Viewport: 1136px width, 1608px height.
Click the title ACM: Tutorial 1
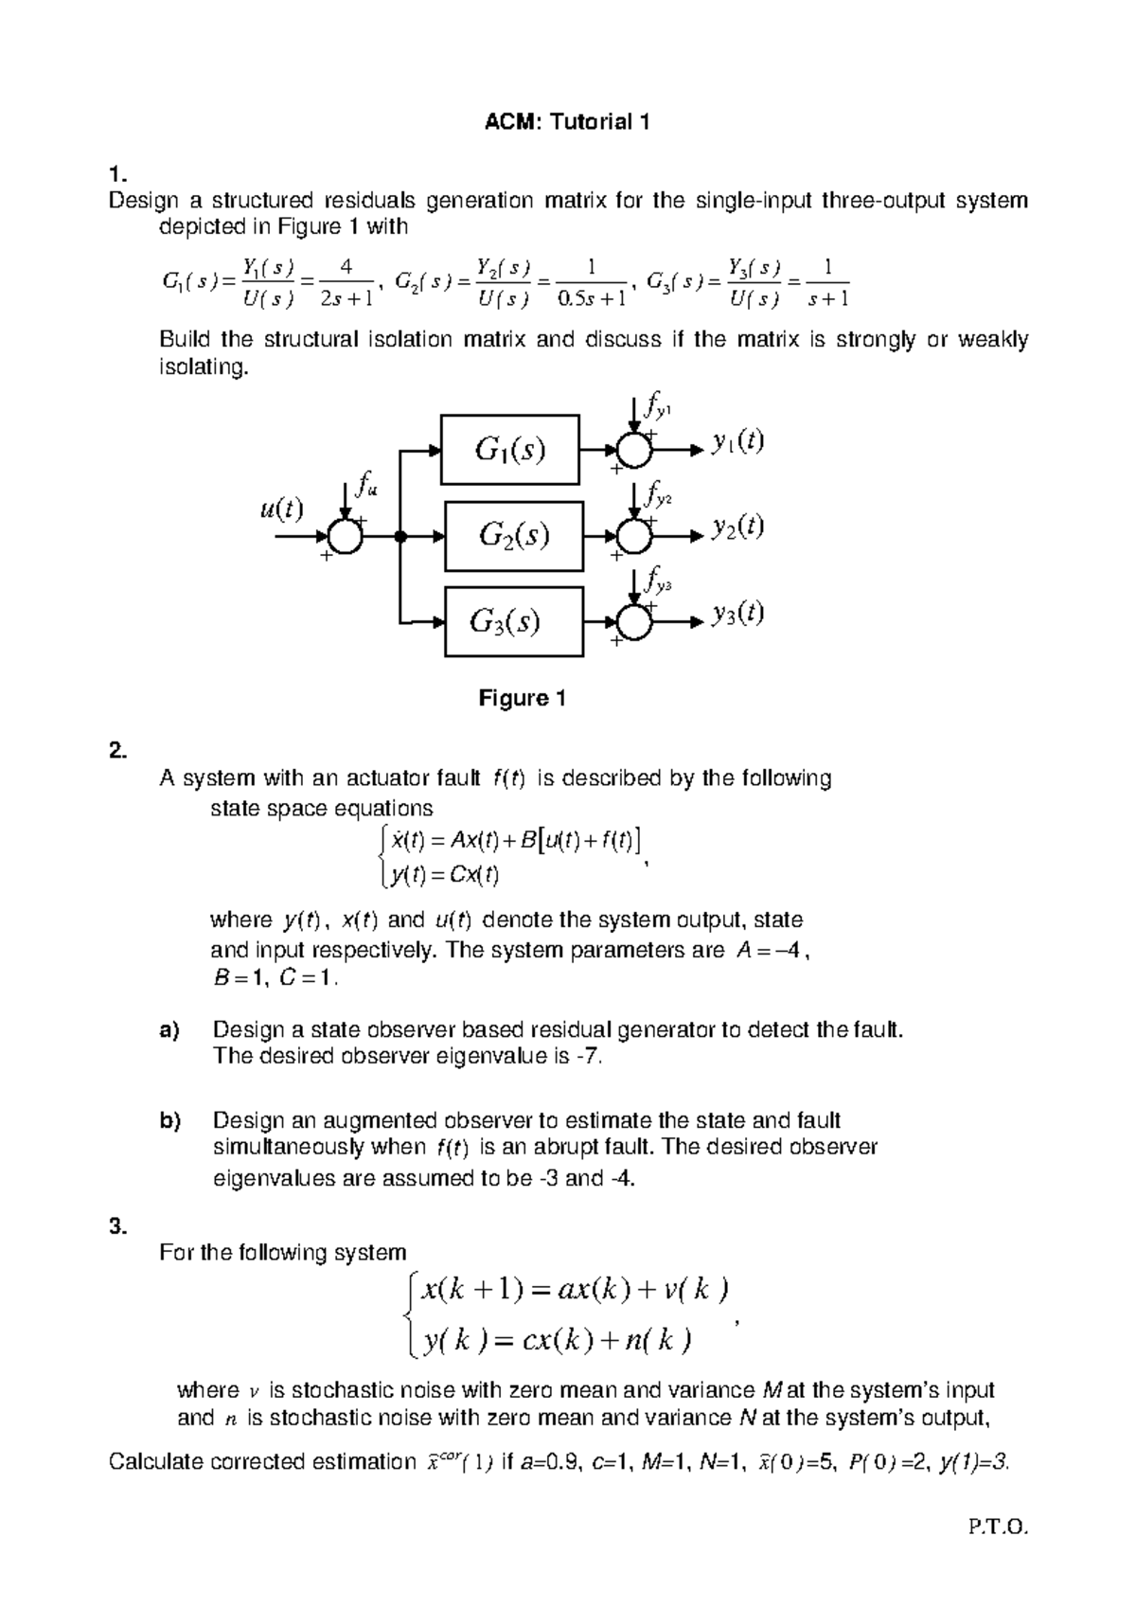(567, 122)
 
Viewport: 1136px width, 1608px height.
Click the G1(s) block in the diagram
(511, 449)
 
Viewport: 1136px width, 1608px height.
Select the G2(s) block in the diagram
(514, 536)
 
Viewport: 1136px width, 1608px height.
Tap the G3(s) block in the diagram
(514, 621)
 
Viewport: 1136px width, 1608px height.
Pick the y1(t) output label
(738, 441)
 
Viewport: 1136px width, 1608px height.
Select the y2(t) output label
(738, 527)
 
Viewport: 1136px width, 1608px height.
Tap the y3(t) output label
(738, 614)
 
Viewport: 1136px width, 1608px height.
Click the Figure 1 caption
(522, 699)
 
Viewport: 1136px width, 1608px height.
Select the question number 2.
(117, 751)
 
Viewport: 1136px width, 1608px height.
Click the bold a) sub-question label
(169, 1029)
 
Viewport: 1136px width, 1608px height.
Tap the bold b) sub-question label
(169, 1121)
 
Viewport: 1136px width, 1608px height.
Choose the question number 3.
(117, 1227)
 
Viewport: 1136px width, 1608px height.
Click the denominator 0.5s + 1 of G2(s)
(593, 300)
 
